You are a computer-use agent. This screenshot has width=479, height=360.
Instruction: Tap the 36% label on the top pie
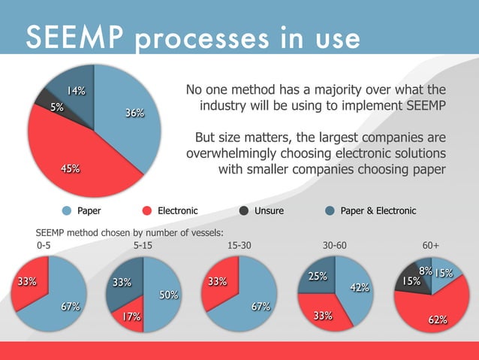coord(135,113)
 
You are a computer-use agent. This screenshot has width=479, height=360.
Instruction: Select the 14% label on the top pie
coord(75,92)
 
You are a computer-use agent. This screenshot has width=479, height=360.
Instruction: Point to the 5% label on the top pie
coord(57,107)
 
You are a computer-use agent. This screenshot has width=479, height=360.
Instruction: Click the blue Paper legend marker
coord(67,210)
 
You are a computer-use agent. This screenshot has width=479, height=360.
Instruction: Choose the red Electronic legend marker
coord(147,210)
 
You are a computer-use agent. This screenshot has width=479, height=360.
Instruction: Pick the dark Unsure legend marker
coord(244,210)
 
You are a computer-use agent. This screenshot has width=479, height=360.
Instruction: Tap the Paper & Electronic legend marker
coord(330,210)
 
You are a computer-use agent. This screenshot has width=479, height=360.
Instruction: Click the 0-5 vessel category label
coord(46,245)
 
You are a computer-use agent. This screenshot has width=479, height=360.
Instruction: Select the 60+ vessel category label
coord(431,245)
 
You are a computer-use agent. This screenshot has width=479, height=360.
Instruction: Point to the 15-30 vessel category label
coord(239,245)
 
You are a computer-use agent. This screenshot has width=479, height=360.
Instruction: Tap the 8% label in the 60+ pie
coord(425,271)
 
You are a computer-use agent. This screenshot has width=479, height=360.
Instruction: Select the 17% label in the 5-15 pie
coord(132,318)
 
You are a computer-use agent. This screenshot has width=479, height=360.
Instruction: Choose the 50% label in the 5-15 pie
coord(167,296)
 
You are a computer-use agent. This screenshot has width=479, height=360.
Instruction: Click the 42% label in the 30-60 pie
coord(360,288)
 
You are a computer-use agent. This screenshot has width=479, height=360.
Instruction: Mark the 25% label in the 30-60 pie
coord(318,277)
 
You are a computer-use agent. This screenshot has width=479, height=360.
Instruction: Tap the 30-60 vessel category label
coord(335,245)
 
